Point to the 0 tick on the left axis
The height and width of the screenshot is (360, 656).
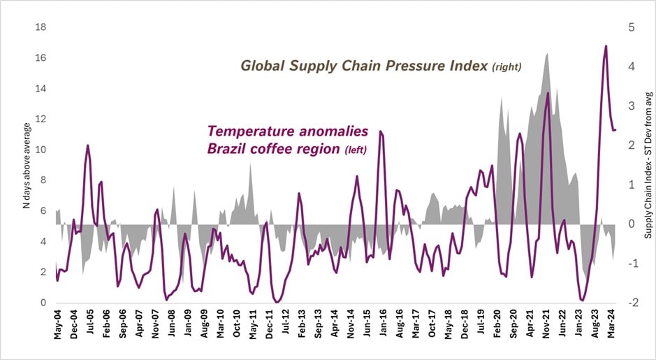pyautogui.click(x=42, y=303)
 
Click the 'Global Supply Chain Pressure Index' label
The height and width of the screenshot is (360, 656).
pyautogui.click(x=381, y=66)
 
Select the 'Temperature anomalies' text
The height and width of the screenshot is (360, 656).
pyautogui.click(x=298, y=131)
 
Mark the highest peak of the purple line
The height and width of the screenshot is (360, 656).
pyautogui.click(x=606, y=46)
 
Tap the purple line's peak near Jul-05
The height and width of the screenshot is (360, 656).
pyautogui.click(x=87, y=145)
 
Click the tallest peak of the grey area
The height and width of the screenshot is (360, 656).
pyautogui.click(x=547, y=53)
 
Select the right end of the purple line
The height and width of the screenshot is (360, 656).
pyautogui.click(x=615, y=130)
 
